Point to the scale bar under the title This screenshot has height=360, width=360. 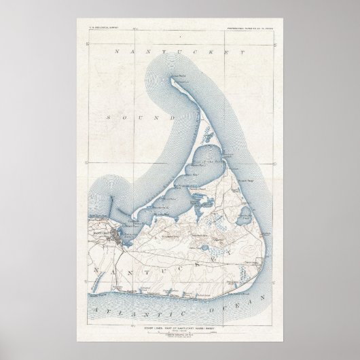[180, 319]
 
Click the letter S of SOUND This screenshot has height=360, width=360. [109, 118]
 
